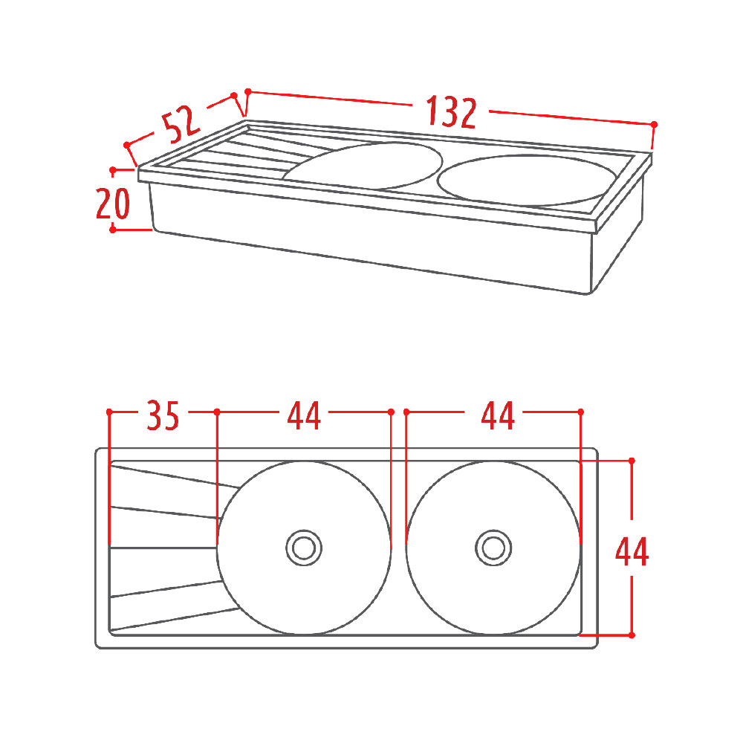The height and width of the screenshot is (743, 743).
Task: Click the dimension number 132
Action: click(x=451, y=112)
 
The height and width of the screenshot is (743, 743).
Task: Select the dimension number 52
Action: click(x=181, y=124)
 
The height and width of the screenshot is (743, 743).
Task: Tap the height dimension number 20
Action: click(x=113, y=204)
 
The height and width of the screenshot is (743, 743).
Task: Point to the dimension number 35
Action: click(x=163, y=415)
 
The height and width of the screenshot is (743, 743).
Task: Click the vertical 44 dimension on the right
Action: click(x=632, y=551)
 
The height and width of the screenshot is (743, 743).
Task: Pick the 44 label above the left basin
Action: click(x=304, y=415)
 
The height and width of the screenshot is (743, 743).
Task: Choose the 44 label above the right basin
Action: click(x=498, y=415)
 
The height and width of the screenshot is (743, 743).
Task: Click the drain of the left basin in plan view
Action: click(x=304, y=548)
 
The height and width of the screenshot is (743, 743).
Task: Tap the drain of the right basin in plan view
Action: click(x=493, y=548)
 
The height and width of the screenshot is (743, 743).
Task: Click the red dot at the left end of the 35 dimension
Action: click(x=109, y=412)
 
